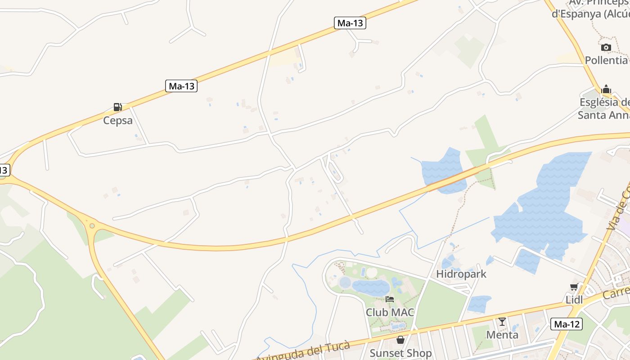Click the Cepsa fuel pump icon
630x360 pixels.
pyautogui.click(x=117, y=107)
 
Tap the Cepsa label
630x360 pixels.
pyautogui.click(x=118, y=120)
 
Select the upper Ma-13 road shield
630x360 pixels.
pyautogui.click(x=350, y=23)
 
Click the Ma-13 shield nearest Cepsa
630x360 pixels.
pyautogui.click(x=181, y=86)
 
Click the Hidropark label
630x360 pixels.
pyautogui.click(x=461, y=274)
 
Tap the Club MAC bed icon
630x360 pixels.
pyautogui.click(x=390, y=299)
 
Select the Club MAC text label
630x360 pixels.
pyautogui.click(x=390, y=312)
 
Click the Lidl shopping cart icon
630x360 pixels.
pyautogui.click(x=574, y=287)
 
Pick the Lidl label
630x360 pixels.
pyautogui.click(x=574, y=300)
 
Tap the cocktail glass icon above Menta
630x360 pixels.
pyautogui.click(x=502, y=322)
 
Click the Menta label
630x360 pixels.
pyautogui.click(x=502, y=334)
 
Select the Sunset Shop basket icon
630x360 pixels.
pyautogui.click(x=400, y=340)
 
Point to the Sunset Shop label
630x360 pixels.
pyautogui.click(x=400, y=353)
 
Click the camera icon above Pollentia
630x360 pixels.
pyautogui.click(x=606, y=47)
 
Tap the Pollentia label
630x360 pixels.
pyautogui.click(x=606, y=60)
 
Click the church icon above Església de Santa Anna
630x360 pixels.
pyautogui.click(x=606, y=90)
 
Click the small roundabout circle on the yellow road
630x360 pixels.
pyautogui.click(x=92, y=225)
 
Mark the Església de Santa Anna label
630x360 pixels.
pyautogui.click(x=604, y=109)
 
